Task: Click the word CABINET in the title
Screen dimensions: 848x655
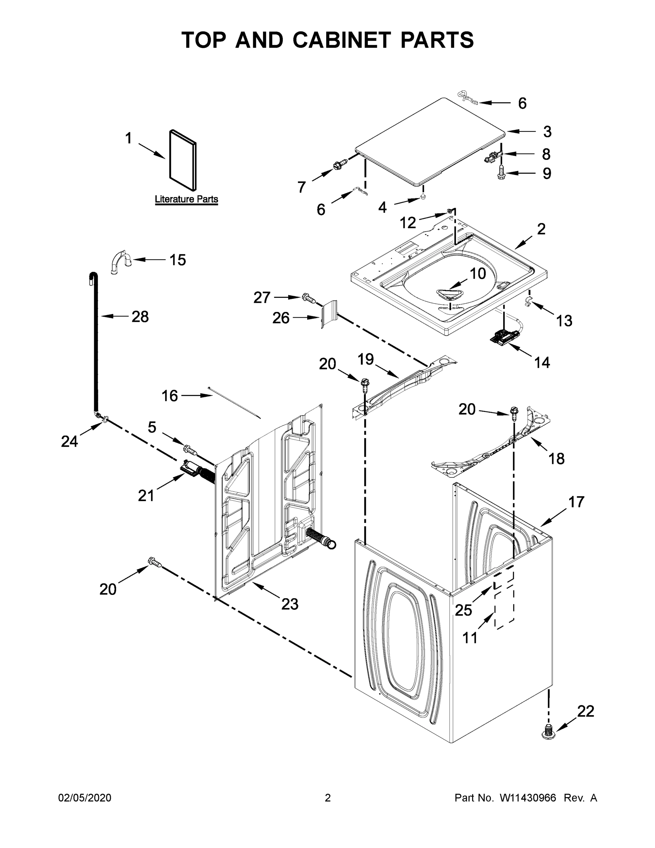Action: (341, 40)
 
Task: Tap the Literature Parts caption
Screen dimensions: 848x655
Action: (186, 199)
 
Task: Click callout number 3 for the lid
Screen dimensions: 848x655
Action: (547, 132)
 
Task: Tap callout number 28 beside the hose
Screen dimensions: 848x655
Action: (140, 317)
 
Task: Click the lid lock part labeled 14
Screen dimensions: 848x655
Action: (503, 336)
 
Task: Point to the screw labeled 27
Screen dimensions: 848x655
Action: (309, 298)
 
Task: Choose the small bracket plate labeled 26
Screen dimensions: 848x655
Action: (329, 314)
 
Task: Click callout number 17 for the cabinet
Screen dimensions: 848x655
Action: (576, 502)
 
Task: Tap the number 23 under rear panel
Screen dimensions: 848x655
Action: (290, 604)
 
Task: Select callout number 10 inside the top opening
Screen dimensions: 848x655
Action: (478, 274)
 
